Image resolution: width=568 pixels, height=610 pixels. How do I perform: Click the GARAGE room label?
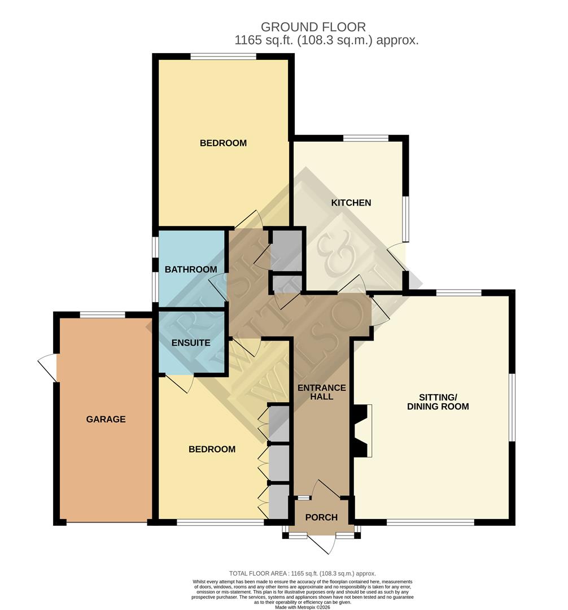pyautogui.click(x=106, y=419)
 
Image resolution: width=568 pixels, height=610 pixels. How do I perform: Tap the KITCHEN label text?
pyautogui.click(x=351, y=203)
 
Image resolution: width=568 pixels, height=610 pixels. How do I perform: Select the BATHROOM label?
pyautogui.click(x=191, y=269)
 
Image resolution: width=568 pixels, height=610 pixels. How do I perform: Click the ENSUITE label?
pyautogui.click(x=191, y=343)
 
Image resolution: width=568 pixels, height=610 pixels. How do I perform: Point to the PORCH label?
pyautogui.click(x=321, y=517)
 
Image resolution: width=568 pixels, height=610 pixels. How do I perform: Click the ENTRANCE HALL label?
pyautogui.click(x=321, y=392)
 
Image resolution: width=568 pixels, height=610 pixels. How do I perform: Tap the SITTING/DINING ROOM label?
pyautogui.click(x=438, y=402)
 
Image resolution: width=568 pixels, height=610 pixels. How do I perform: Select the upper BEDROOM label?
pyautogui.click(x=223, y=143)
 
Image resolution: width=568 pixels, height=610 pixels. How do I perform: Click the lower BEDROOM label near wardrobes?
pyautogui.click(x=212, y=449)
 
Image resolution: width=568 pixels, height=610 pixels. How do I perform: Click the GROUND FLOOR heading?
pyautogui.click(x=313, y=27)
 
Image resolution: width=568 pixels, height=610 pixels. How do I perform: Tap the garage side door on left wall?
pyautogui.click(x=49, y=367)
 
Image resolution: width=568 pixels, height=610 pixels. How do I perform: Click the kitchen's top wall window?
pyautogui.click(x=365, y=138)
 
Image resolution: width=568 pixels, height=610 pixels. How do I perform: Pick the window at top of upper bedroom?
pyautogui.click(x=223, y=56)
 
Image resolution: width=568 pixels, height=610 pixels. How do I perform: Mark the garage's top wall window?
pyautogui.click(x=102, y=315)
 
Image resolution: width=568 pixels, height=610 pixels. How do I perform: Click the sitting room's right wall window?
pyautogui.click(x=512, y=407)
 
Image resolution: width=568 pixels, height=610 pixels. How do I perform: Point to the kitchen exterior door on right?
pyautogui.click(x=397, y=258)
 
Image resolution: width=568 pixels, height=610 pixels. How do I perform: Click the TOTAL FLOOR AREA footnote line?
pyautogui.click(x=302, y=573)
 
